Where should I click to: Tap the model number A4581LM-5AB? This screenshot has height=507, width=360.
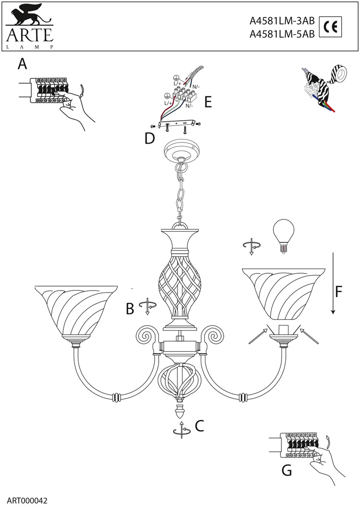pos(282,34)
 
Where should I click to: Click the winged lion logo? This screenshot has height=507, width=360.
pos(29,16)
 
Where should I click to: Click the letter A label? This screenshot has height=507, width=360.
pos(22,64)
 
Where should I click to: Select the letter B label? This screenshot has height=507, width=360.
pos(130,308)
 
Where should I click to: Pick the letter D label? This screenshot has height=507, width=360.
pos(149,138)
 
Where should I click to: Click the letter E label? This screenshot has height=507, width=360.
pos(207,101)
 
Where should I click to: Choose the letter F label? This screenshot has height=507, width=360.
pos(340,292)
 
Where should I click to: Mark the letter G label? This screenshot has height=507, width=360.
pos(286,470)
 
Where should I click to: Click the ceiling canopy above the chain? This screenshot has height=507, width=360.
pos(179,152)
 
